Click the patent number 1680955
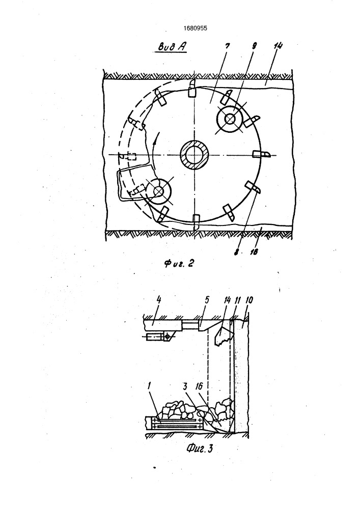tap(195, 28)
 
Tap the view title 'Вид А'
tap(172, 47)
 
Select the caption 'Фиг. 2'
tap(179, 263)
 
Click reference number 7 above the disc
tap(227, 46)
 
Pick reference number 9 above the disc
tap(254, 46)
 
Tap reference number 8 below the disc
tap(236, 251)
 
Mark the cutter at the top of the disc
tap(192, 88)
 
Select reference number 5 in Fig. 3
tap(207, 300)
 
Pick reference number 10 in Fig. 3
tap(250, 300)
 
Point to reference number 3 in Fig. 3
tap(185, 387)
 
